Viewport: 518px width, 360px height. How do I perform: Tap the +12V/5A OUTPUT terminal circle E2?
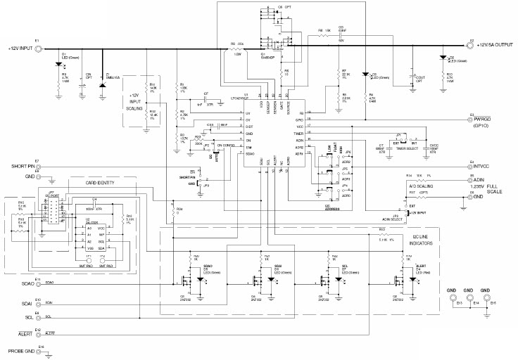point(472,45)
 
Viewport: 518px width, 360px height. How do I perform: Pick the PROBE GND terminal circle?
point(41,349)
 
